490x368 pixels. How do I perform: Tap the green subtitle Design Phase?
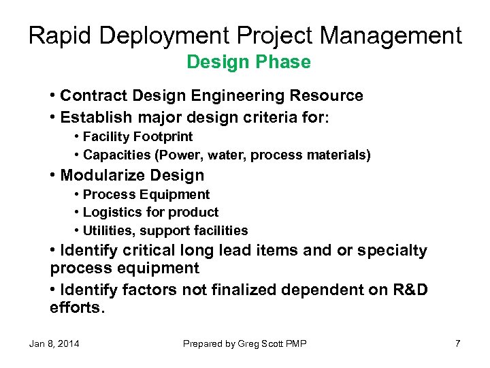(248, 63)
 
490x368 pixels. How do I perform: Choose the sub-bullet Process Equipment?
(146, 195)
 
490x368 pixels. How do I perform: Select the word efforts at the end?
(76, 307)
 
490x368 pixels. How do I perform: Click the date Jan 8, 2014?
(54, 343)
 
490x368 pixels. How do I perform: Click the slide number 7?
(457, 343)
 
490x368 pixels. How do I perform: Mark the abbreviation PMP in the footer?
(295, 343)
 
